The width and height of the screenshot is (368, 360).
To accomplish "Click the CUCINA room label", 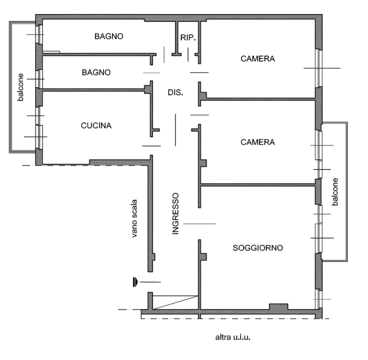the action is (x=96, y=126).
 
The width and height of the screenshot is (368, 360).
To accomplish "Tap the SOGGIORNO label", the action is (x=258, y=248).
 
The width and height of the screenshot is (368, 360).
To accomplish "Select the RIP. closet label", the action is (x=188, y=37).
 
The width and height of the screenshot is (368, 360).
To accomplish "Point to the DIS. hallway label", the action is (x=175, y=92).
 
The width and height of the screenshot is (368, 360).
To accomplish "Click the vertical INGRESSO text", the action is (x=175, y=214).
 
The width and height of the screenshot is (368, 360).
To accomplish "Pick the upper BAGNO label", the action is (x=109, y=36).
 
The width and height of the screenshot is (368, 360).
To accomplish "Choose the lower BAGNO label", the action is (x=96, y=72).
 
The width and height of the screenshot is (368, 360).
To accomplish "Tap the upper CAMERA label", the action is (x=258, y=58).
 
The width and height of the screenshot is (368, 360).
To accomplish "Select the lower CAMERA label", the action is (x=258, y=142).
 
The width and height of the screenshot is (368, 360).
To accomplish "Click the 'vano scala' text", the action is (x=134, y=219).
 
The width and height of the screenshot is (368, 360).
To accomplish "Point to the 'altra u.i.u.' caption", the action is (x=232, y=337).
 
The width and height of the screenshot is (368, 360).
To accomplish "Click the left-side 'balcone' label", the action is (x=21, y=87).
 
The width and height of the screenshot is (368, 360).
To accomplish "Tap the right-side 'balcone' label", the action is (x=335, y=192).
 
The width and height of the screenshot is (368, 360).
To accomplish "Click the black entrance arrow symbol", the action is (x=135, y=282).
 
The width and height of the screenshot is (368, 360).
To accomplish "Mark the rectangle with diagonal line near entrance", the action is (x=175, y=303).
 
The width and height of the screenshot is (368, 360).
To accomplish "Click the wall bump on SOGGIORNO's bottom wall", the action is (x=278, y=307).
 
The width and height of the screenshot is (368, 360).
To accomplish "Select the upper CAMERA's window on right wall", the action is (x=319, y=68).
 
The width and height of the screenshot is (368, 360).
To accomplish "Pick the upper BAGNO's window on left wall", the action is (x=40, y=34).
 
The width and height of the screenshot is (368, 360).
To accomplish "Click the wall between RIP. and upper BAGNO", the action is (x=176, y=38).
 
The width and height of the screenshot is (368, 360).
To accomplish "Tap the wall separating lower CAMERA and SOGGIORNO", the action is (x=258, y=185).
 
